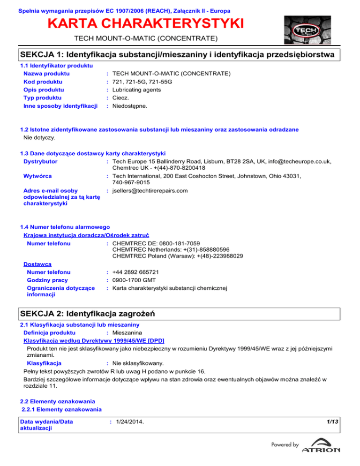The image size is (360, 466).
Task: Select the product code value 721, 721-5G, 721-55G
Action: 142,82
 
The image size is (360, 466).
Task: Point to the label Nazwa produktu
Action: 46,74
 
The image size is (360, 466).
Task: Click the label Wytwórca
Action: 39,176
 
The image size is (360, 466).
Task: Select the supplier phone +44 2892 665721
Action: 135,272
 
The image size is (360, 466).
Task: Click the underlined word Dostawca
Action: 37,264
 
